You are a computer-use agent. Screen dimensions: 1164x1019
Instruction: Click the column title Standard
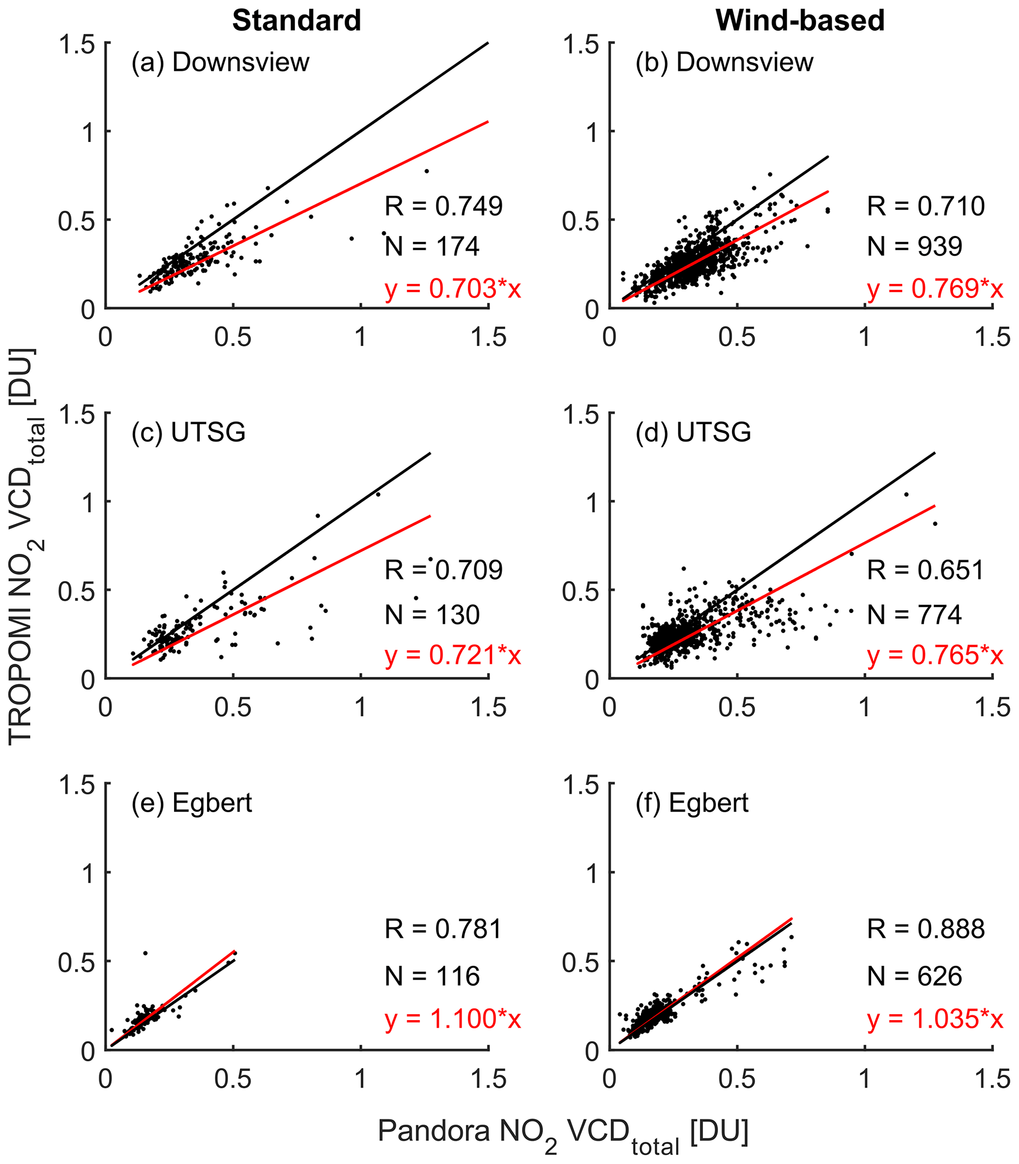point(297,21)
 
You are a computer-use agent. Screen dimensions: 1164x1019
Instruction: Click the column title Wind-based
point(800,21)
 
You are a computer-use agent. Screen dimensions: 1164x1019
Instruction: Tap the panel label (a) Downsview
point(221,63)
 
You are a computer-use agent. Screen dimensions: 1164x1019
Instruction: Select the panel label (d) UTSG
point(693,433)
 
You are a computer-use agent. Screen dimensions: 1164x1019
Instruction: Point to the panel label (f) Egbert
point(692,803)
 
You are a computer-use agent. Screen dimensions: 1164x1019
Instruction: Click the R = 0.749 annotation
point(444,206)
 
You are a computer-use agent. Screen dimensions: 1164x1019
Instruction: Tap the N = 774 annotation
point(914,615)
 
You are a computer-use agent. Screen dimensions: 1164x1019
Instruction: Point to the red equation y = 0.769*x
point(935,289)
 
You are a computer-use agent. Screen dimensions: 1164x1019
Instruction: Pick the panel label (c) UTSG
point(189,433)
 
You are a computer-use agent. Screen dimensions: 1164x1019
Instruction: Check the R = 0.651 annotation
point(926,570)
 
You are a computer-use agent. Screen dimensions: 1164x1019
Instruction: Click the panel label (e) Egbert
point(192,803)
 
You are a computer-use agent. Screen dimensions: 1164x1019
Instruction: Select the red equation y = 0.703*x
point(453,289)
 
